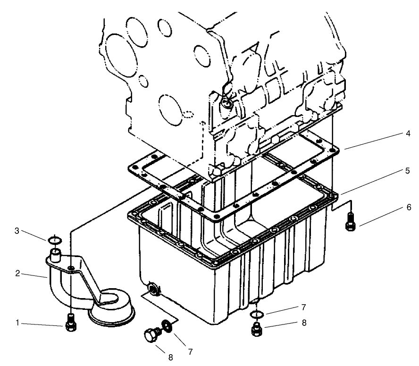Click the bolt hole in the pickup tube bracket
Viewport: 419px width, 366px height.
click(70, 268)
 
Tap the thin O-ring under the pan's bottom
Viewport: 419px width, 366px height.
click(256, 315)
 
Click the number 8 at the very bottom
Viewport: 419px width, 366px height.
click(171, 357)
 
